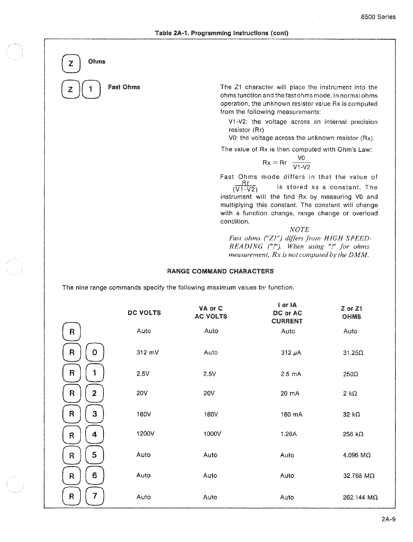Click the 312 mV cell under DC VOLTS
coord(147,352)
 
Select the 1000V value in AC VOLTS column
coord(212,434)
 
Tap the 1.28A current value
coord(289,434)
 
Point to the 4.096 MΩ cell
coord(357,455)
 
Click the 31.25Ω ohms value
coord(353,353)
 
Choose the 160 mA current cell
coord(291,415)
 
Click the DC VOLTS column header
coord(144,313)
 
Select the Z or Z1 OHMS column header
coord(351,312)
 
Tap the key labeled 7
coord(94,496)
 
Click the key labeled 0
coord(94,352)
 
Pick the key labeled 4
coord(94,435)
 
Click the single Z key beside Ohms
coord(71,64)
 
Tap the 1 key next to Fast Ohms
coord(91,90)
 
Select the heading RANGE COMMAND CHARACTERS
coord(220,271)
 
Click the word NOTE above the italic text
coord(299,230)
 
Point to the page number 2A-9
coord(388,519)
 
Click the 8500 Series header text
coord(378,17)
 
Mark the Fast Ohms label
coord(124,87)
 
